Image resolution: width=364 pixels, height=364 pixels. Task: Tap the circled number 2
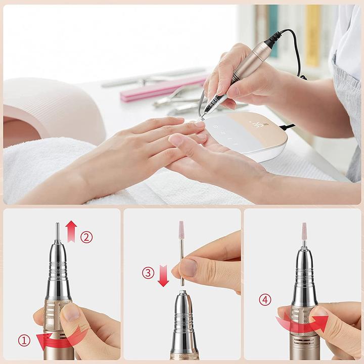click(86, 237)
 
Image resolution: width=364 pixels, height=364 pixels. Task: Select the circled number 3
click(148, 274)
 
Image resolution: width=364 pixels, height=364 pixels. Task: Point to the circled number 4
click(265, 300)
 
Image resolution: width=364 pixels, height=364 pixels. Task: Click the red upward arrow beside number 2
click(71, 231)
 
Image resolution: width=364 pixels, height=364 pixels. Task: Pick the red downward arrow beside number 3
click(163, 277)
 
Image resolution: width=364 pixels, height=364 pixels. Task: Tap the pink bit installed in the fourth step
click(304, 232)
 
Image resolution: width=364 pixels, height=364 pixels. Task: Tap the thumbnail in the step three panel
click(189, 267)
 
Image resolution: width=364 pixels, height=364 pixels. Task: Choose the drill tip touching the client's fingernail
click(202, 117)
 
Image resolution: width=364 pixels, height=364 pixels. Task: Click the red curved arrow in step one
click(61, 339)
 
